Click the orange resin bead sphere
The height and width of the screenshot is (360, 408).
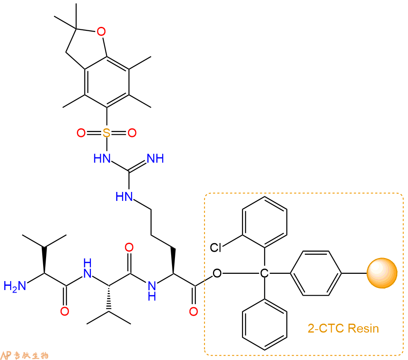tap(382, 273)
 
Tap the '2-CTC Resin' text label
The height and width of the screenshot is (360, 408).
tap(343, 328)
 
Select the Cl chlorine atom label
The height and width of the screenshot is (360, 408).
tap(216, 247)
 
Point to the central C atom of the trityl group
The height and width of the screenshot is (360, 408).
tap(264, 273)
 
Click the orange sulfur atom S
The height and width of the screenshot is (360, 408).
tap(106, 133)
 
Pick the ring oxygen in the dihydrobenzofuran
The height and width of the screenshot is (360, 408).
tap(101, 32)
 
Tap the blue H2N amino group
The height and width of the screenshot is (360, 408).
tap(15, 286)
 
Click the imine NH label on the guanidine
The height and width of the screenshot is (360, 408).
tap(155, 158)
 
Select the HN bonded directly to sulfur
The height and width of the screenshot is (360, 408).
tap(102, 158)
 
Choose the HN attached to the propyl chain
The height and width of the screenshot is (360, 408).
tap(124, 196)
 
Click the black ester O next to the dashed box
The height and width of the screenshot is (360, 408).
tap(217, 273)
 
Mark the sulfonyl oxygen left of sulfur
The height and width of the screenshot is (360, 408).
tap(81, 133)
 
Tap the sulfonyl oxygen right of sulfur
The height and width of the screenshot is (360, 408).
tap(132, 133)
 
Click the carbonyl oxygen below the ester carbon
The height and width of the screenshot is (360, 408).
tap(193, 311)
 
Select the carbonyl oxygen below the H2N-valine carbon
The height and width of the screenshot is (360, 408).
tap(64, 311)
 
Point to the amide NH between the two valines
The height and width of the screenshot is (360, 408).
tap(87, 268)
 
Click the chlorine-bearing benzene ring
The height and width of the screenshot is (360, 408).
tap(265, 222)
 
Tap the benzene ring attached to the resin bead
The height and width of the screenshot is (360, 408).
tap(316, 273)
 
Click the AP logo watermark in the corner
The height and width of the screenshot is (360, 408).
tap(24, 355)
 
